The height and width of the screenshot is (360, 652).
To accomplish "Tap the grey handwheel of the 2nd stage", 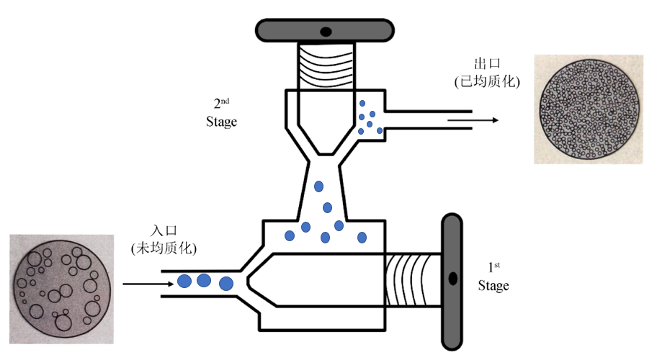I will coord(326,31).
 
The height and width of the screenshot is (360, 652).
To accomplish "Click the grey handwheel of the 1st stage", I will coord(452,282).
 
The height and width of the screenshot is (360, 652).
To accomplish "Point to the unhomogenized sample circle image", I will coord(61,289).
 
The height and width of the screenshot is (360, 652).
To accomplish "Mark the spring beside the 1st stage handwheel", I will coord(412,280).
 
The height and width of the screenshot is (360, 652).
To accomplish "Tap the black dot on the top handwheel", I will coord(326,31).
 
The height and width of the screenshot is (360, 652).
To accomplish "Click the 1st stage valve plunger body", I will coord(324,280).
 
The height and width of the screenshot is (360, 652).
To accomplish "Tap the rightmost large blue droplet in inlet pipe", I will coord(226,283).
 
